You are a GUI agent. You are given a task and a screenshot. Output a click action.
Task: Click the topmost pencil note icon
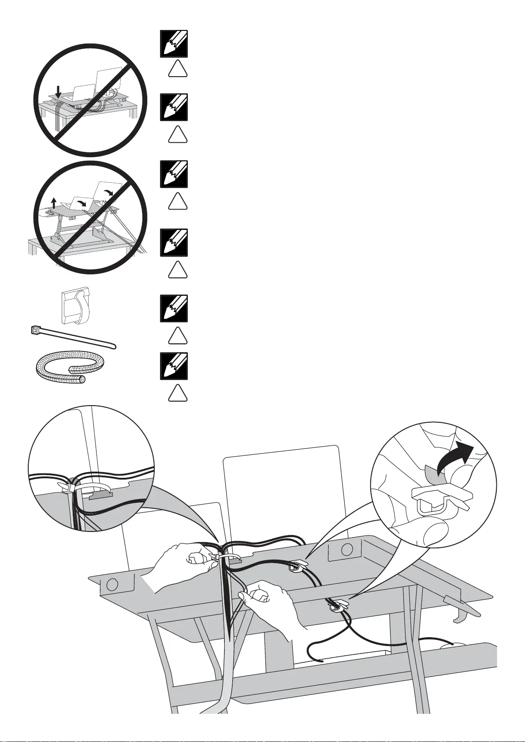pyautogui.click(x=174, y=44)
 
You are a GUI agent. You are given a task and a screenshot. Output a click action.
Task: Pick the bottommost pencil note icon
pyautogui.click(x=174, y=366)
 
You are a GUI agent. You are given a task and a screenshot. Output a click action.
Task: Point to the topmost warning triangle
pyautogui.click(x=178, y=69)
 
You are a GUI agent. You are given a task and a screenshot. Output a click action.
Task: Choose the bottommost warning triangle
pyautogui.click(x=178, y=393)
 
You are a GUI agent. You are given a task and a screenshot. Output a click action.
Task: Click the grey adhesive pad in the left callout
pyautogui.click(x=101, y=496)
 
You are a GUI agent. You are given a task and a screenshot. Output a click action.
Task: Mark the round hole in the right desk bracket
pyautogui.click(x=347, y=550)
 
